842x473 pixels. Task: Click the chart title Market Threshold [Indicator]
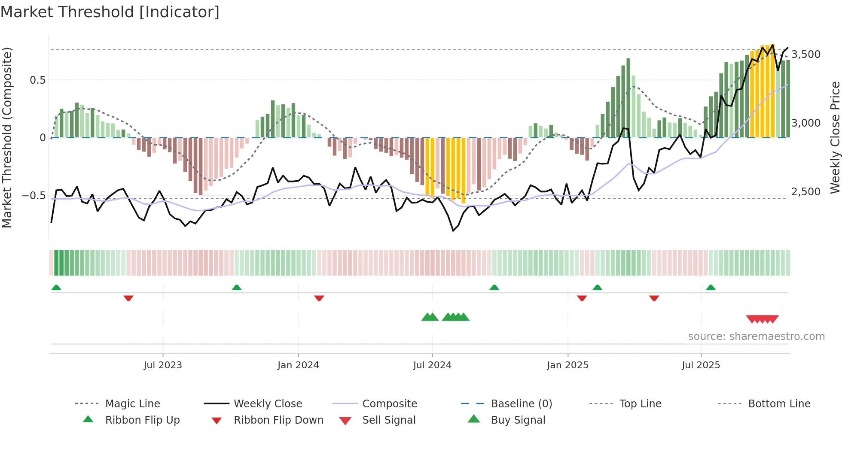[x=110, y=12]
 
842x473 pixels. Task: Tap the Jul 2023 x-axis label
[x=163, y=365]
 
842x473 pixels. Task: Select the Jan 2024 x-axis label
[x=298, y=365]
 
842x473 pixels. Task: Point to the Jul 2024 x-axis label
[x=432, y=365]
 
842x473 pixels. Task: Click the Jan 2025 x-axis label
[x=567, y=365]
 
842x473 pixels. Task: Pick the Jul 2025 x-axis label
[x=701, y=365]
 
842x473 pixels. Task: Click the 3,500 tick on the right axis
[x=806, y=55]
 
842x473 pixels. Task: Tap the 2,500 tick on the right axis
[x=806, y=192]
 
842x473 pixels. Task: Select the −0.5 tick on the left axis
[x=34, y=196]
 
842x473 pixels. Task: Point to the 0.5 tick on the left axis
[x=37, y=80]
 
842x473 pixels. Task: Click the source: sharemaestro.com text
[x=756, y=337]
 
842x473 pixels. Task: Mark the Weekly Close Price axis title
[x=835, y=137]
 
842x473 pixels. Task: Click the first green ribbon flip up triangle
[x=56, y=288]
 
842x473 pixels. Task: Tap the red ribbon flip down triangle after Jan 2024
[x=319, y=298]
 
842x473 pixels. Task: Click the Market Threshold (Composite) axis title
[x=7, y=137]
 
